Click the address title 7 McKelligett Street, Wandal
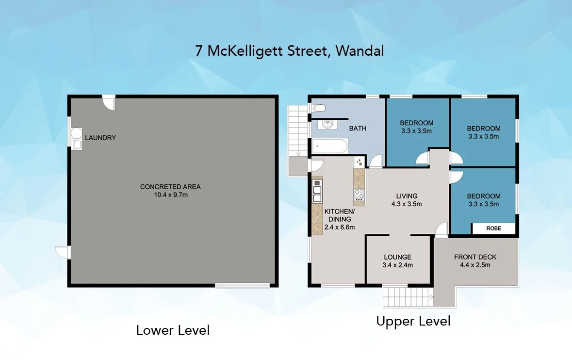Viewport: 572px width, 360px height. coord(289,51)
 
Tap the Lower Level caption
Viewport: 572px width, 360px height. coord(173,330)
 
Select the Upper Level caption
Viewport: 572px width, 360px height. coord(413,321)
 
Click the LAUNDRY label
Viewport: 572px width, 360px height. coord(100,138)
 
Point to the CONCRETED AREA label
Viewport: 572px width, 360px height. coord(170,187)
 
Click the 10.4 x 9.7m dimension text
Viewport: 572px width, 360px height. coord(170,195)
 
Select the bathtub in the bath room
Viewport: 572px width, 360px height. coord(330,145)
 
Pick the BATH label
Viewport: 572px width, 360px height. coord(358,129)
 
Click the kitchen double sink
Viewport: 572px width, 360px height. coord(317,191)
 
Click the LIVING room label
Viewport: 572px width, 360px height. coord(407,196)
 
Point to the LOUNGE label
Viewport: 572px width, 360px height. coord(397,257)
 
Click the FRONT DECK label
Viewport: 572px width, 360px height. coord(475,257)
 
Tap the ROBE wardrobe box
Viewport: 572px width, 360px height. coord(493,229)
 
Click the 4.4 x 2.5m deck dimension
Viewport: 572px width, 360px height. coord(475,265)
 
